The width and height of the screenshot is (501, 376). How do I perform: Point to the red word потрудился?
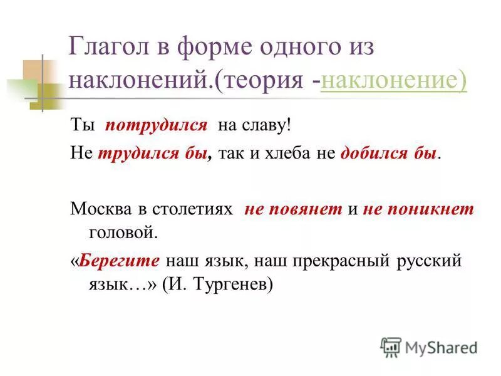tap(156, 125)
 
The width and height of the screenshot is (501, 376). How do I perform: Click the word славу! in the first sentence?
tap(269, 125)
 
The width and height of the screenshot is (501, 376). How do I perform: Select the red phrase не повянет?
tap(292, 210)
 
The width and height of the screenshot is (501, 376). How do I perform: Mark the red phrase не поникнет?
tap(418, 210)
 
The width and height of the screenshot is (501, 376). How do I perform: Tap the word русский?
tap(428, 260)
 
